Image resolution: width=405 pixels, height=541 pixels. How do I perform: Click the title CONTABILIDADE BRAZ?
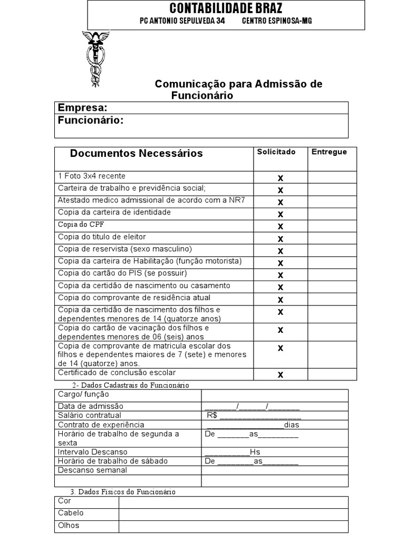(x=226, y=8)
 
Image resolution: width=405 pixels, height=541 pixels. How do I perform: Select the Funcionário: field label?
(x=91, y=120)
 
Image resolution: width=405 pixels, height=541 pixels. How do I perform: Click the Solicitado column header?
(x=276, y=152)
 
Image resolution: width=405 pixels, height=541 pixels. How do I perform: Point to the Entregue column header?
(x=329, y=152)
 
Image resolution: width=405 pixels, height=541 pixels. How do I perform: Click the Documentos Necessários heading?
(x=136, y=154)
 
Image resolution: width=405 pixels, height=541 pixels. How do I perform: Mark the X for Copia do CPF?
(x=281, y=226)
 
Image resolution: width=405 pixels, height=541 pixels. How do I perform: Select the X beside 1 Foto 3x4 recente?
(x=281, y=178)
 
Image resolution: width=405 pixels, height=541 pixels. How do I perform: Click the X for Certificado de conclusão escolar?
(x=281, y=375)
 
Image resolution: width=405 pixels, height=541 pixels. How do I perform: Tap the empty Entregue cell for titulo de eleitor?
(x=332, y=238)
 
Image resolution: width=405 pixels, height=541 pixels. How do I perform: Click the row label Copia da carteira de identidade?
(x=114, y=212)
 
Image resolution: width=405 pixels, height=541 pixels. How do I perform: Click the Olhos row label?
(x=69, y=526)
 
